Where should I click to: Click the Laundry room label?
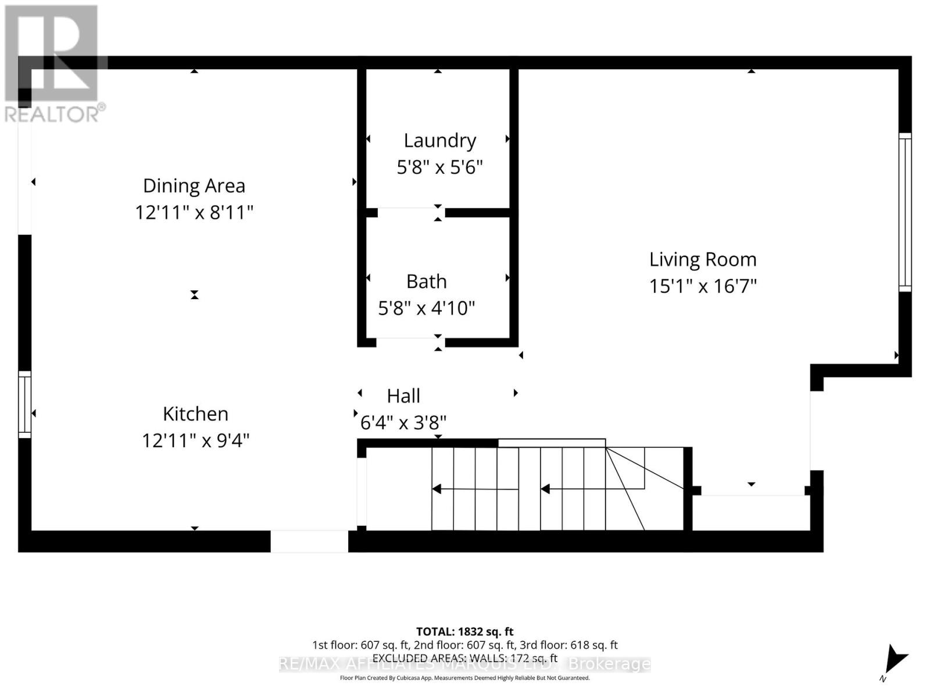(439, 141)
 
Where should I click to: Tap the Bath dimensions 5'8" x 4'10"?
(427, 308)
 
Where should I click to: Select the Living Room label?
(703, 259)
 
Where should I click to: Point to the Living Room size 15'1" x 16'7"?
(703, 286)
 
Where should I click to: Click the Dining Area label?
(194, 186)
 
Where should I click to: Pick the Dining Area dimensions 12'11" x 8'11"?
(194, 213)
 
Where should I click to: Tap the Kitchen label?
(195, 414)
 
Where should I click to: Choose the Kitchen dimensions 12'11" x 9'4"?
(195, 440)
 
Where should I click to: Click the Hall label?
(403, 396)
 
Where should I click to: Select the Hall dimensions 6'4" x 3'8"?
(403, 422)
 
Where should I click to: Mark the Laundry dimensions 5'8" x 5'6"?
(439, 167)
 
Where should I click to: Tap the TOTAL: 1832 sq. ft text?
(464, 631)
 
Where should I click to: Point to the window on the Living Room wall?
(905, 212)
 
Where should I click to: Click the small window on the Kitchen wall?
(24, 404)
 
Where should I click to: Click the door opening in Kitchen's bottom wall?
(309, 541)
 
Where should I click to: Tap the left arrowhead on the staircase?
(437, 489)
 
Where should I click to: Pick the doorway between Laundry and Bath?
(411, 213)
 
